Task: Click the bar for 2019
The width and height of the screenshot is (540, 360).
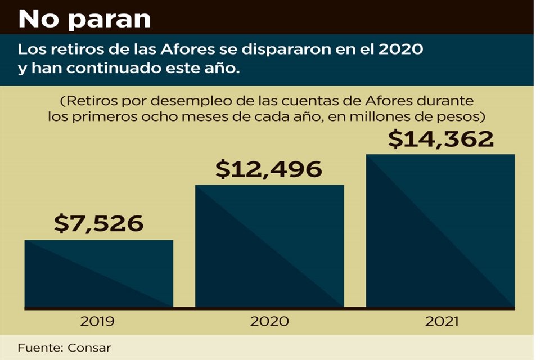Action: click(98, 274)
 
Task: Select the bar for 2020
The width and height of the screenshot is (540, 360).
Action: click(269, 246)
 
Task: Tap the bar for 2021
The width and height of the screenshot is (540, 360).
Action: click(440, 231)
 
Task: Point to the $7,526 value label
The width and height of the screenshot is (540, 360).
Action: click(98, 224)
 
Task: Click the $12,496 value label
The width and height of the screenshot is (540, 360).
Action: click(269, 169)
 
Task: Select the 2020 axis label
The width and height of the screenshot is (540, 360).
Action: click(270, 322)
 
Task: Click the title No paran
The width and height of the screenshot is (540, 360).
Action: click(84, 19)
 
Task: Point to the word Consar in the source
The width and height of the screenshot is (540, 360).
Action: click(91, 348)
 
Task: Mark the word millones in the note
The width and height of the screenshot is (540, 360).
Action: click(377, 118)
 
